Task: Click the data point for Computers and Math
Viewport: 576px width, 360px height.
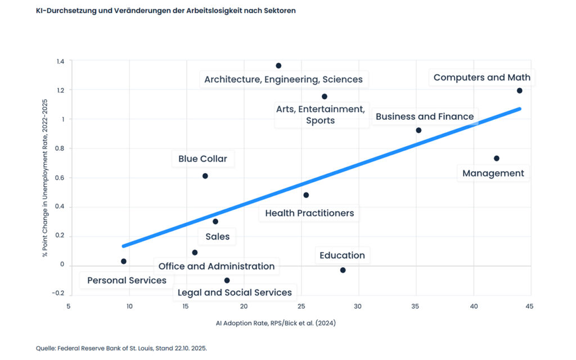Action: tap(519, 91)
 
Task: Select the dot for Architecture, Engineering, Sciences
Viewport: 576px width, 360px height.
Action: tap(278, 66)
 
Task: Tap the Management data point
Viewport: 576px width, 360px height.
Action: tap(496, 159)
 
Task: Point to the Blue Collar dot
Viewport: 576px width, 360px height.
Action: tap(205, 176)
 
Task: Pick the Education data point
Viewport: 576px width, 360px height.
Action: tap(343, 271)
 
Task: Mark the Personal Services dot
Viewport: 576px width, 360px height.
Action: tap(124, 262)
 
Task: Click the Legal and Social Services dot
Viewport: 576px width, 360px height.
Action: tap(227, 280)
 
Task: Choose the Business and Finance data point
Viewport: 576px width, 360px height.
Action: tap(418, 130)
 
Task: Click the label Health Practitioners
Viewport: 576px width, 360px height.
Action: tap(309, 213)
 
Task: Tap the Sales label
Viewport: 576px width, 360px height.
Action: tap(217, 237)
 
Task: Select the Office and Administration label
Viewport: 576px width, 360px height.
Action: tap(217, 266)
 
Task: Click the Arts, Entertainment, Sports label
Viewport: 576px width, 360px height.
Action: tap(321, 114)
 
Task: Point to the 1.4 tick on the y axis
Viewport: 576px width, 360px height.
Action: tap(60, 61)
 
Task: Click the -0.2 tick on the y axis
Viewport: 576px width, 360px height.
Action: tap(58, 294)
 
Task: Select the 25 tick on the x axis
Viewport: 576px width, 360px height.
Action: tap(301, 307)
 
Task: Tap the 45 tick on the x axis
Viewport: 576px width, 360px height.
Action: tap(529, 307)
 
